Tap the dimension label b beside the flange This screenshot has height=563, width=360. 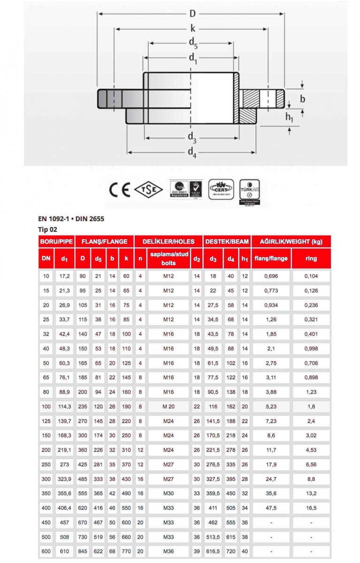(303, 99)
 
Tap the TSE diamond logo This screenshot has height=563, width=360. (148, 190)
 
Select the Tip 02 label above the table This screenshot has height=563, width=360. (47, 229)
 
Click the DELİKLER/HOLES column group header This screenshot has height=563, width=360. (168, 242)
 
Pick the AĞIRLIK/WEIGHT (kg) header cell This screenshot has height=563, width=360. (291, 242)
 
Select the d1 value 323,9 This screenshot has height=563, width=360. (64, 479)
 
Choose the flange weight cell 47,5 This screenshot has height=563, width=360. (271, 508)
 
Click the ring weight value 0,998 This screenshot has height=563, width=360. (311, 348)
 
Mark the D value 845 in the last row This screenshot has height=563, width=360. (83, 551)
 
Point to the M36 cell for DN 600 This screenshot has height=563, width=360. (168, 551)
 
